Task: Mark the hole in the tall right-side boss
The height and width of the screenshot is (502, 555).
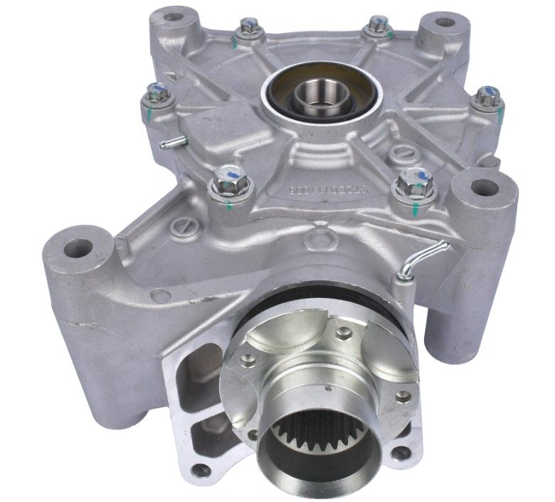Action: point(486,189)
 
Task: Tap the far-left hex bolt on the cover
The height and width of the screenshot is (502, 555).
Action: point(155,92)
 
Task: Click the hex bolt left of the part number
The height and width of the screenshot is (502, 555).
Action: point(228,175)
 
